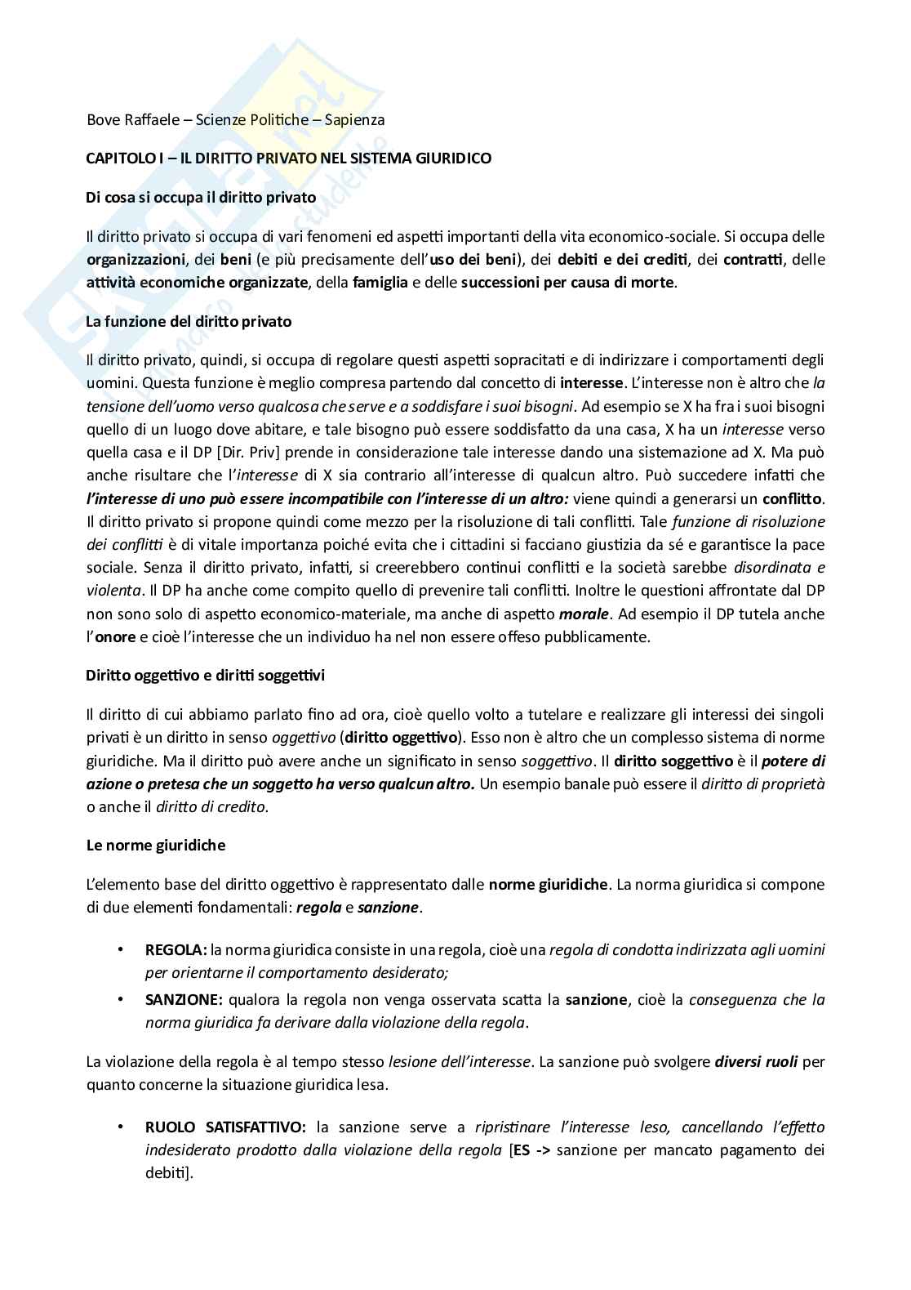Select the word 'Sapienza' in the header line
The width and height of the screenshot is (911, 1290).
coord(354,120)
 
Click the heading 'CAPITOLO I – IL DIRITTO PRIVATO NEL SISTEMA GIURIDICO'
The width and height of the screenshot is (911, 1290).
coord(288,158)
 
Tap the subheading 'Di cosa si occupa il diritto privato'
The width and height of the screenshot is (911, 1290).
coord(201,197)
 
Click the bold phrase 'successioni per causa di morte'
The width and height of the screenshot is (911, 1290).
coord(568,283)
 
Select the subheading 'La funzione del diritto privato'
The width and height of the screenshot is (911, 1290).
coord(189,321)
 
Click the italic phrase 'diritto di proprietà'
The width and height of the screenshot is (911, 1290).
coord(763,784)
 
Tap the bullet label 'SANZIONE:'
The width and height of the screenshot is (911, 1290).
coord(184,999)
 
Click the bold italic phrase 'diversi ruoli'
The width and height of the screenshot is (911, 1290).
coord(756,1063)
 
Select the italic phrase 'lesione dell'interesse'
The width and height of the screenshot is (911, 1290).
coord(460,1063)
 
